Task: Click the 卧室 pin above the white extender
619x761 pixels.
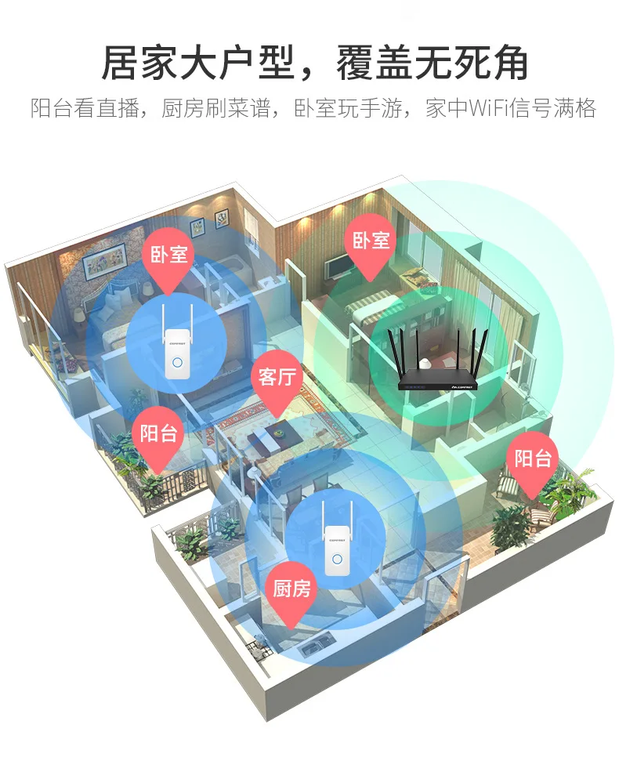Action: click(169, 255)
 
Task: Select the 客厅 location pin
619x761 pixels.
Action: click(277, 378)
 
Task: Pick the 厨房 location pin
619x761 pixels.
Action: click(292, 589)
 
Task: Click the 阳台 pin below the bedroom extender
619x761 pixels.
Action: click(158, 433)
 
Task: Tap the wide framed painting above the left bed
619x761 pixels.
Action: click(104, 259)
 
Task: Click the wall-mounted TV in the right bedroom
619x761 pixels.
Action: click(339, 266)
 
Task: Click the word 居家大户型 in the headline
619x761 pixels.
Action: click(196, 63)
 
